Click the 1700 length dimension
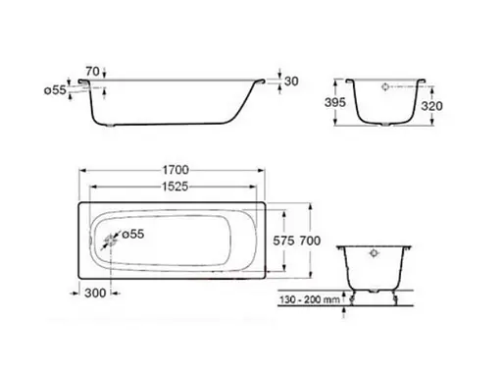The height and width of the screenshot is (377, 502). point(176,170)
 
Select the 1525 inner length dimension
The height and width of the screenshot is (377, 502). point(176,187)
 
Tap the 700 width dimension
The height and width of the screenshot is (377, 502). point(310,241)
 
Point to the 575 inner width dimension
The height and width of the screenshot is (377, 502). point(283,241)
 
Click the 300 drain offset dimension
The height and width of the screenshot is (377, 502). point(95,293)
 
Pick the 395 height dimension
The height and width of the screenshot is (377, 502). point(335,102)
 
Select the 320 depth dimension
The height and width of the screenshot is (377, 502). point(431,106)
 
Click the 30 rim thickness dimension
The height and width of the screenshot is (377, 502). point(291,81)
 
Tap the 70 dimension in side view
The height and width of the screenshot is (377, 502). point(92,71)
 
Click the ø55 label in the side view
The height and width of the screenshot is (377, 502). point(55,89)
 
